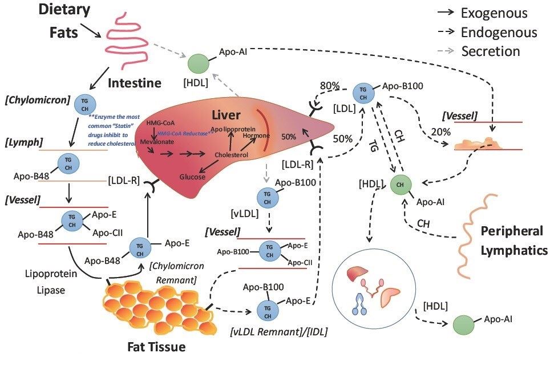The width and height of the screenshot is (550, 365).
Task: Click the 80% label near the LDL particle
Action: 329,86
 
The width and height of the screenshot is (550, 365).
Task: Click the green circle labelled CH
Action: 399,184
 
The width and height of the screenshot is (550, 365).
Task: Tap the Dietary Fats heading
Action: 64,21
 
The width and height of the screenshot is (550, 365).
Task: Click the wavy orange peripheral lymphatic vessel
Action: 476,234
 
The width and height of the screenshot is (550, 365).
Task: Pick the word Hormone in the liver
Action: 252,137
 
